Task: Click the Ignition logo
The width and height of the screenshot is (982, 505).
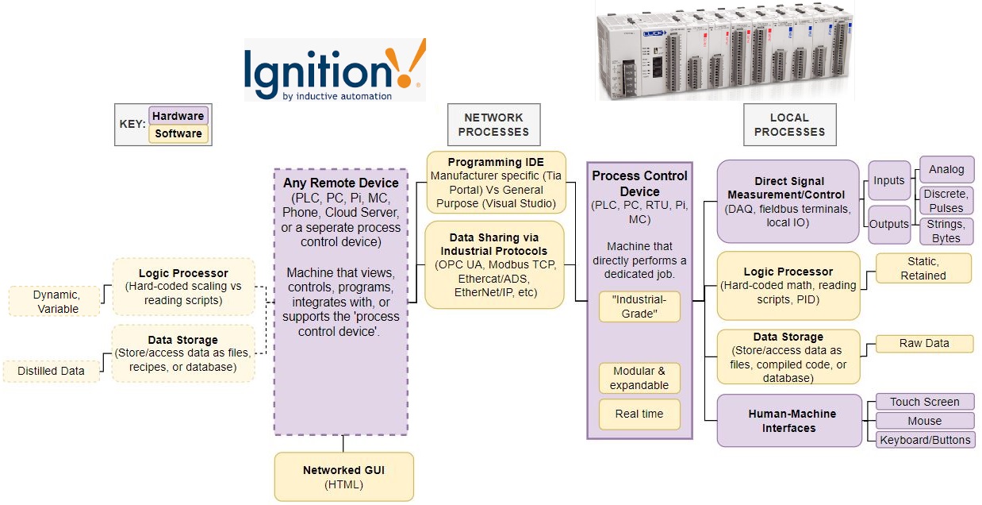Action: (x=334, y=71)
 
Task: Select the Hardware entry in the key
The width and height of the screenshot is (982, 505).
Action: (x=178, y=116)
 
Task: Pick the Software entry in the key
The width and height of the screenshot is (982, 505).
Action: (x=178, y=133)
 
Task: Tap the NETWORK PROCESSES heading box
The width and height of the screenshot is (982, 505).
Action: (x=493, y=125)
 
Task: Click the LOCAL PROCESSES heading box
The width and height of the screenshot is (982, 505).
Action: (x=789, y=125)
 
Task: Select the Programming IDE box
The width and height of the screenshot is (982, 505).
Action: (x=496, y=183)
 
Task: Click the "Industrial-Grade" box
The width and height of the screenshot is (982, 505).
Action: (x=639, y=306)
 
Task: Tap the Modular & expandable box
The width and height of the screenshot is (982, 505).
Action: (x=639, y=378)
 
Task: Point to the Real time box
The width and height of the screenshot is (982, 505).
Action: (x=639, y=414)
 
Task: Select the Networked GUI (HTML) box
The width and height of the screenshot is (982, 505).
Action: (x=343, y=476)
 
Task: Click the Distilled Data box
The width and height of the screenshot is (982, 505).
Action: (x=52, y=370)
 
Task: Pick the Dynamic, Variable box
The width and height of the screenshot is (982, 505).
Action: (x=56, y=301)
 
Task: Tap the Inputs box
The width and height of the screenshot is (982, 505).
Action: (x=888, y=180)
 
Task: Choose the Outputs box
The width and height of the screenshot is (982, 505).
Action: (x=888, y=224)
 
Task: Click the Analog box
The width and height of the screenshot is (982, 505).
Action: (x=946, y=169)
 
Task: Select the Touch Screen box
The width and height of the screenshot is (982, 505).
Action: (x=924, y=402)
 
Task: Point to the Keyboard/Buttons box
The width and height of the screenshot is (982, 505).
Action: (x=924, y=440)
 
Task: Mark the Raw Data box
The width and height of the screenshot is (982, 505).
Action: (x=923, y=344)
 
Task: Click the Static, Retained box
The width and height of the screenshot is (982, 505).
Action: (x=923, y=268)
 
